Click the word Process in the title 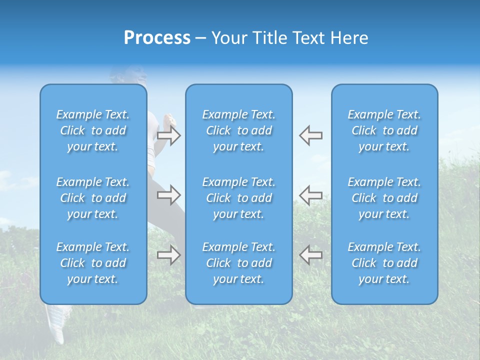tap(157, 38)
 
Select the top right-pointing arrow tap(168, 135)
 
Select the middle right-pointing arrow tap(168, 194)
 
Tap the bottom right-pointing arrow tap(168, 255)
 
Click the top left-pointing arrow tap(311, 135)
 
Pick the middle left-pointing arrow tap(311, 194)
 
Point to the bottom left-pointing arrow tap(311, 255)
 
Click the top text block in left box tap(93, 130)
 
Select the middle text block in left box tap(93, 198)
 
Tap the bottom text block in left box tap(93, 263)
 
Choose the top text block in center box tap(239, 130)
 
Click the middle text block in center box tap(239, 198)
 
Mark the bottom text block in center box tap(239, 263)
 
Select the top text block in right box tap(384, 130)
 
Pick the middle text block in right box tap(384, 198)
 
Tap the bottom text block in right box tap(384, 263)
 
